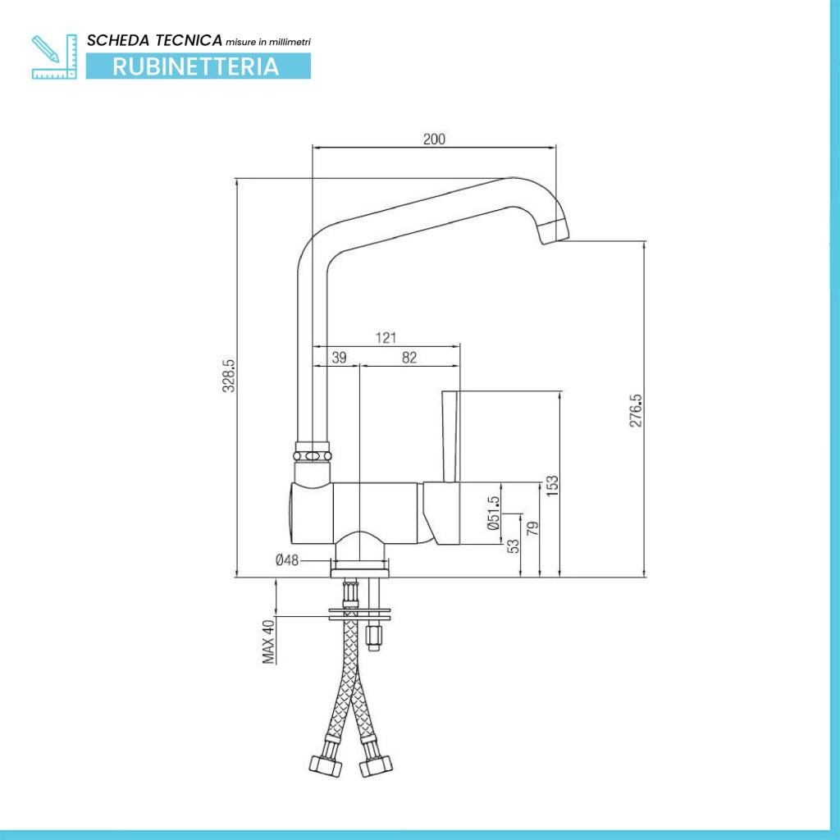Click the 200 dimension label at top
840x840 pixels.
tap(434, 139)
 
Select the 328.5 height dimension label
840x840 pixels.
tap(229, 376)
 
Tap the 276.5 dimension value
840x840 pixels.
tap(636, 410)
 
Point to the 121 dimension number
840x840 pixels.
tap(386, 338)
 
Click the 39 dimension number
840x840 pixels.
tap(339, 358)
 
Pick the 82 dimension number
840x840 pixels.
tap(409, 358)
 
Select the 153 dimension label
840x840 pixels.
tap(552, 486)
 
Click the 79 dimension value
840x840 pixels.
tap(532, 529)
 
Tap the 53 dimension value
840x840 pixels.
tap(514, 546)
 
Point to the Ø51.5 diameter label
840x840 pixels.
tap(494, 514)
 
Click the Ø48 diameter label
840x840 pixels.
tap(286, 560)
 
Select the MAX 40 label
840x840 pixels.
tap(268, 641)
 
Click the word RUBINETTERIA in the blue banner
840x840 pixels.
tap(196, 66)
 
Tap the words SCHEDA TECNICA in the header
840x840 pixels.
tap(154, 40)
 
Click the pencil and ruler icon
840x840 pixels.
tap(54, 57)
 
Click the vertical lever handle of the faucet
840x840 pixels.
tap(450, 436)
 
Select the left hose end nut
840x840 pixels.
tap(326, 765)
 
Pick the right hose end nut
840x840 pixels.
tap(376, 765)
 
